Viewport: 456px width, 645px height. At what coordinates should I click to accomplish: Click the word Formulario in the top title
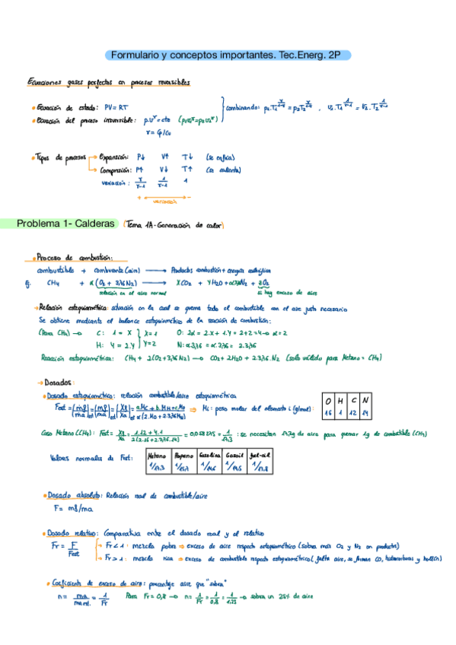click(136, 56)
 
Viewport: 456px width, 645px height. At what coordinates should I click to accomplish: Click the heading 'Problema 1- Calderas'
click(65, 224)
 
